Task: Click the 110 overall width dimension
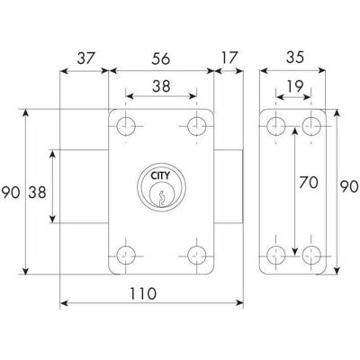pyautogui.click(x=143, y=293)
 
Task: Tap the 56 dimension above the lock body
pyautogui.click(x=161, y=58)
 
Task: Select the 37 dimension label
pyautogui.click(x=86, y=58)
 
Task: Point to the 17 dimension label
pyautogui.click(x=229, y=58)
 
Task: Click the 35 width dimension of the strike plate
pyautogui.click(x=295, y=58)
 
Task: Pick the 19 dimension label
pyautogui.click(x=295, y=86)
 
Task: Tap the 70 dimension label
pyautogui.click(x=308, y=183)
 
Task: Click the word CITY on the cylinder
pyautogui.click(x=160, y=175)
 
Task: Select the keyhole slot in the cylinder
pyautogui.click(x=161, y=199)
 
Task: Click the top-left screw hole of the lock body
pyautogui.click(x=126, y=126)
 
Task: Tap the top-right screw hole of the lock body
pyautogui.click(x=197, y=126)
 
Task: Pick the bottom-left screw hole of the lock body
pyautogui.click(x=126, y=256)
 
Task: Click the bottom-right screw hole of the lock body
pyautogui.click(x=197, y=256)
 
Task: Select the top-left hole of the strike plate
pyautogui.click(x=276, y=126)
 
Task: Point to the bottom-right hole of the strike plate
pyautogui.click(x=311, y=256)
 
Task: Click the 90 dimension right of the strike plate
pyautogui.click(x=349, y=186)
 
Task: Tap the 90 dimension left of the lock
pyautogui.click(x=11, y=193)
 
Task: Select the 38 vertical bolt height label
pyautogui.click(x=37, y=193)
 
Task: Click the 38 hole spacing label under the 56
pyautogui.click(x=161, y=86)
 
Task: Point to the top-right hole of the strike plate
pyautogui.click(x=311, y=126)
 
